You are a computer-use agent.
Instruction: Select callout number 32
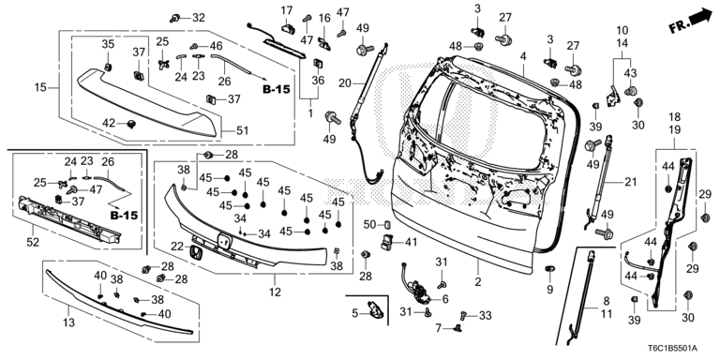[198, 18]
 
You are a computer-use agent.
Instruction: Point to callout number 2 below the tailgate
[477, 281]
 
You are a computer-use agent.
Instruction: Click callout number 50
[368, 224]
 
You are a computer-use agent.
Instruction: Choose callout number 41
[410, 242]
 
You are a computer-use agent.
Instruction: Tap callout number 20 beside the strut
[344, 84]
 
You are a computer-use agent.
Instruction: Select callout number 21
[629, 181]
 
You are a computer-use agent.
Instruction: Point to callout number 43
[630, 74]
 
